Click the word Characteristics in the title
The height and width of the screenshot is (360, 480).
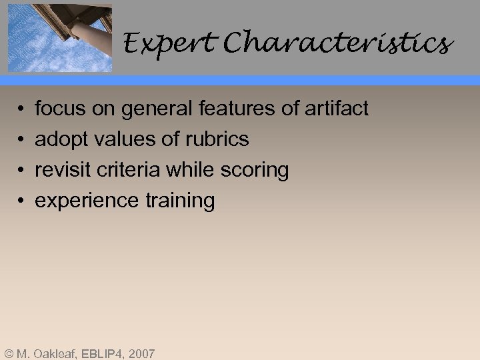tap(338, 44)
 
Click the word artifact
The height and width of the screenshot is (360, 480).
tap(336, 108)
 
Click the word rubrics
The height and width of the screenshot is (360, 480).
tap(217, 139)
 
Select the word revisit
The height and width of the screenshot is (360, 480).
tap(63, 170)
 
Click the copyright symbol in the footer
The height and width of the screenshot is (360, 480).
tap(8, 353)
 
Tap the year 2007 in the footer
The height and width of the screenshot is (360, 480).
tap(141, 353)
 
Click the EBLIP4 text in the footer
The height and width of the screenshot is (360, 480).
tap(101, 353)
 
